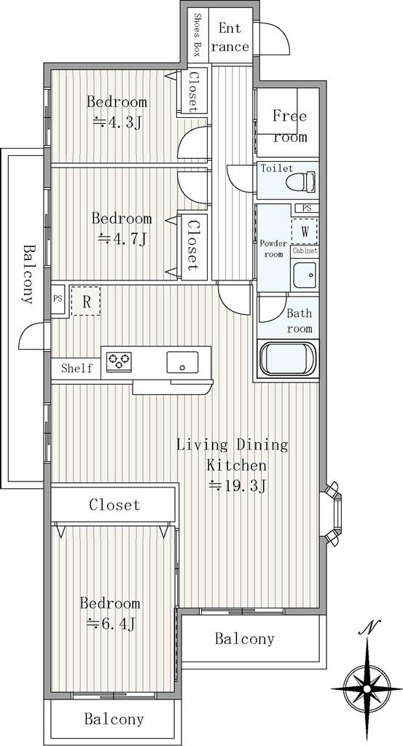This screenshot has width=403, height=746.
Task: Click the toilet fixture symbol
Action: click(x=301, y=181)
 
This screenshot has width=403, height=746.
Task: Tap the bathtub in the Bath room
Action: click(x=288, y=358)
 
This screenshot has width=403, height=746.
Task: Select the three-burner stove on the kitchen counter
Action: click(x=119, y=361)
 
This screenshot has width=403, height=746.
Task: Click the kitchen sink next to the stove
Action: click(x=182, y=363)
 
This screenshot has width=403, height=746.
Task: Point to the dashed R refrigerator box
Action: click(x=86, y=301)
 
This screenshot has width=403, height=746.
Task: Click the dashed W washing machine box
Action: click(x=305, y=231)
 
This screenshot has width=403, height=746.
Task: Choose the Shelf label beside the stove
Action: click(x=77, y=368)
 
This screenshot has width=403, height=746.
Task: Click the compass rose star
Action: click(x=367, y=688)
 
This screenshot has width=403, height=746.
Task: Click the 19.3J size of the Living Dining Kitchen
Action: click(x=238, y=486)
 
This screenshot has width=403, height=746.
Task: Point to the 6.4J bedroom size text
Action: click(x=111, y=623)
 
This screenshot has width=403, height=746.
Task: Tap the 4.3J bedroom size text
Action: click(x=117, y=122)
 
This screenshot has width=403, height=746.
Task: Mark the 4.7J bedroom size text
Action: click(x=121, y=238)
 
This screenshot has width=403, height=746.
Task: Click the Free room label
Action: click(x=290, y=126)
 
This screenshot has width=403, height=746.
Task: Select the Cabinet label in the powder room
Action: click(x=305, y=251)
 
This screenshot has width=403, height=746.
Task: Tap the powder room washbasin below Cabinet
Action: click(x=305, y=275)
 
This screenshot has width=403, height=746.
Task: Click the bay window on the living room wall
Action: click(x=334, y=513)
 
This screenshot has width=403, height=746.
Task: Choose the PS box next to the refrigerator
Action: click(x=58, y=299)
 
